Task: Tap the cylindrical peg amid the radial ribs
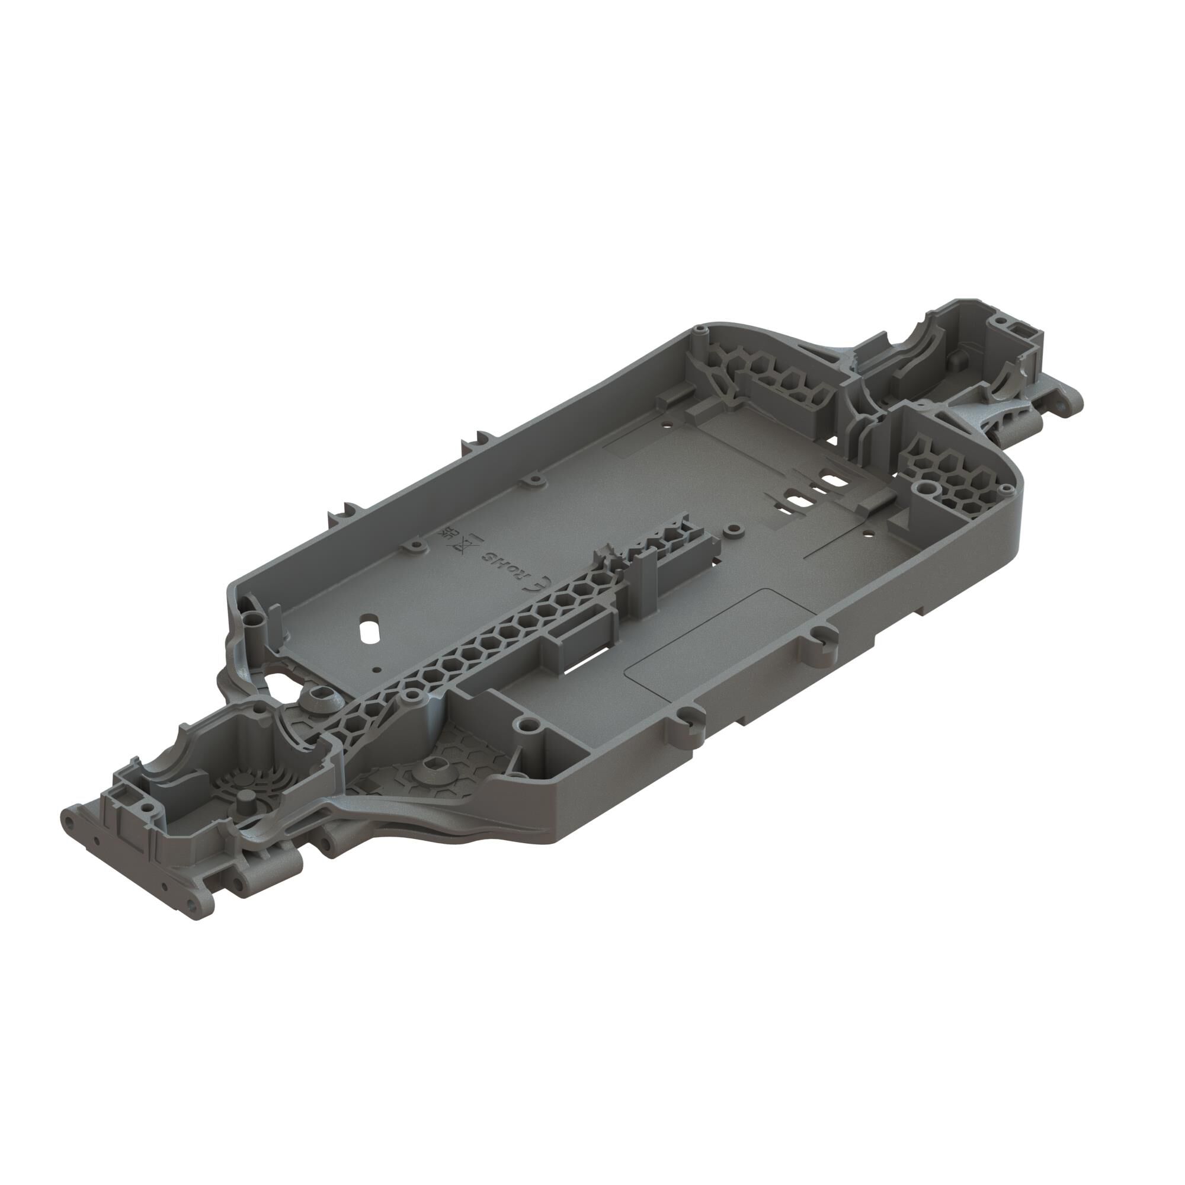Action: click(x=247, y=799)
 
